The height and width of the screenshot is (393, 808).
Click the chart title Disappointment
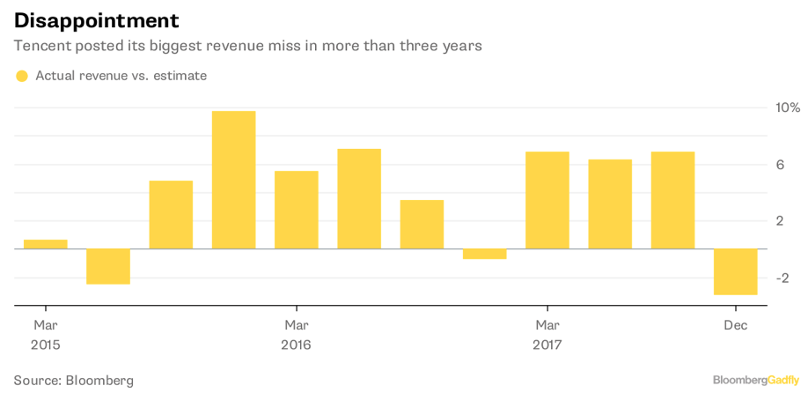pyautogui.click(x=97, y=20)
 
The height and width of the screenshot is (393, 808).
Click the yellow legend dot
pyautogui.click(x=22, y=76)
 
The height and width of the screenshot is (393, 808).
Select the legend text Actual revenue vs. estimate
pyautogui.click(x=121, y=76)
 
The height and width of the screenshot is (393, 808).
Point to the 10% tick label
pyautogui.click(x=787, y=108)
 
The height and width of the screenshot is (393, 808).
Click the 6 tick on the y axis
pyautogui.click(x=780, y=165)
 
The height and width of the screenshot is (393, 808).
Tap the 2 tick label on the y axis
pyautogui.click(x=780, y=221)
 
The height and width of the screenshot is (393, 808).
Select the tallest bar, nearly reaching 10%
pyautogui.click(x=233, y=180)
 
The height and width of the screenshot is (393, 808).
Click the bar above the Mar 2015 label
pyautogui.click(x=46, y=244)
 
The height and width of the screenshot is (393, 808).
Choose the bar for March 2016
pyautogui.click(x=296, y=210)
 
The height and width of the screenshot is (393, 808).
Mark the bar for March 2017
pyautogui.click(x=547, y=200)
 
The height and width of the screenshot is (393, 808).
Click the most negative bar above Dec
pyautogui.click(x=735, y=271)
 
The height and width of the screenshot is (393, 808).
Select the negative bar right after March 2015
pyautogui.click(x=108, y=266)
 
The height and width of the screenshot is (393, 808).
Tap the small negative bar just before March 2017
pyautogui.click(x=484, y=254)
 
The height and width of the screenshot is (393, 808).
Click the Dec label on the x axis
pyautogui.click(x=735, y=326)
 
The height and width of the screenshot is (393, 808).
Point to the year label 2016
pyautogui.click(x=296, y=345)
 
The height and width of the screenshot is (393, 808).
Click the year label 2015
pyautogui.click(x=46, y=345)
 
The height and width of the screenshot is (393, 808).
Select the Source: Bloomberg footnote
pyautogui.click(x=74, y=381)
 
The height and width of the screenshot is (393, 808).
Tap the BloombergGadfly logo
pyautogui.click(x=756, y=380)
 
